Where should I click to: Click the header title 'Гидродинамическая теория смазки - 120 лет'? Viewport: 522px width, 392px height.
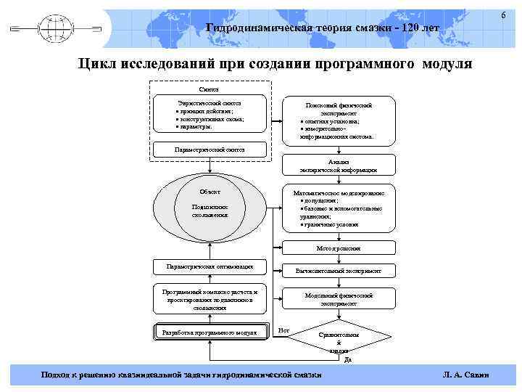pyautogui.click(x=323, y=28)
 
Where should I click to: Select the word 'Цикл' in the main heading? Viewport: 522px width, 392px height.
pyautogui.click(x=100, y=65)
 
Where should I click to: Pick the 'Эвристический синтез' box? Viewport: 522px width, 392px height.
pyautogui.click(x=210, y=115)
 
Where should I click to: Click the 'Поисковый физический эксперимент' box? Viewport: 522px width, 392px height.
pyautogui.click(x=338, y=119)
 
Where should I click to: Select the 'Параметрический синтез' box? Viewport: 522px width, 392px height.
pyautogui.click(x=210, y=150)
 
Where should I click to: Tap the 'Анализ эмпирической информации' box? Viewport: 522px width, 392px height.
pyautogui.click(x=338, y=166)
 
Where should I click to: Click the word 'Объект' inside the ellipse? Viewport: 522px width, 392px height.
pyautogui.click(x=210, y=192)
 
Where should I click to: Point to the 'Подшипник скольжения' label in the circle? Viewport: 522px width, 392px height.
pyautogui.click(x=210, y=211)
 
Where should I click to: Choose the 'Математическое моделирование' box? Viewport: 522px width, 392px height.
pyautogui.click(x=338, y=210)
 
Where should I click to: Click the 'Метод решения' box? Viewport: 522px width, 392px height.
pyautogui.click(x=338, y=248)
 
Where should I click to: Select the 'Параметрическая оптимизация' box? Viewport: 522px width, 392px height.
pyautogui.click(x=210, y=267)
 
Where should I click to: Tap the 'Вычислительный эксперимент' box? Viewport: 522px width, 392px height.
pyautogui.click(x=338, y=271)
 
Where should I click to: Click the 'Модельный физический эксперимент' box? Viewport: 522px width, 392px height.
pyautogui.click(x=338, y=299)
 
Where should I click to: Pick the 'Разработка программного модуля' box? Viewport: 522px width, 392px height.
pyautogui.click(x=210, y=332)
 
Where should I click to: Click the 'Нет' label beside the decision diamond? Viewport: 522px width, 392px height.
pyautogui.click(x=283, y=331)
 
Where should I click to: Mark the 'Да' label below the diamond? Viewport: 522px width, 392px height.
pyautogui.click(x=347, y=360)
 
